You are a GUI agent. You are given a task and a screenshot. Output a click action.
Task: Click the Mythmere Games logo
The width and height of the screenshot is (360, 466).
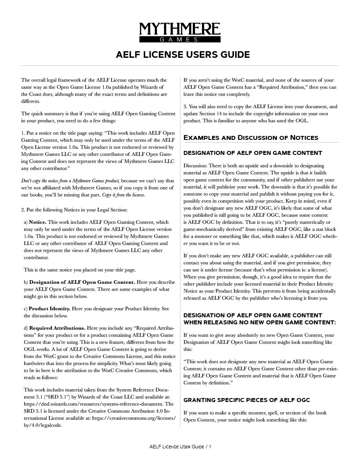180,33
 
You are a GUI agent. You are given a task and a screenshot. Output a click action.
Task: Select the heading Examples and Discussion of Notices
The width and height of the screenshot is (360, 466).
250,137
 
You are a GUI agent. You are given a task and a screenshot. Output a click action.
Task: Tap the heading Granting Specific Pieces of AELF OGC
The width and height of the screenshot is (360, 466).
247,400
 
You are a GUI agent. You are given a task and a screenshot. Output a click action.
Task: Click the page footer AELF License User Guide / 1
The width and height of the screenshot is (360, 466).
180,447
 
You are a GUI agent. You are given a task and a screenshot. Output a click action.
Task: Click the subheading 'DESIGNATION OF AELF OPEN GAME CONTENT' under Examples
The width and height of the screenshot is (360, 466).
252,153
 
